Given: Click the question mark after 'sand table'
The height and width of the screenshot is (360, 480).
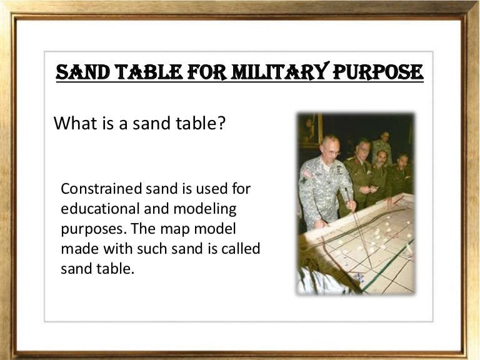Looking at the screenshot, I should click(x=221, y=123).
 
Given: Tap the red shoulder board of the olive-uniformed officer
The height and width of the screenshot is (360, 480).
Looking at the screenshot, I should click(x=353, y=164).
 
